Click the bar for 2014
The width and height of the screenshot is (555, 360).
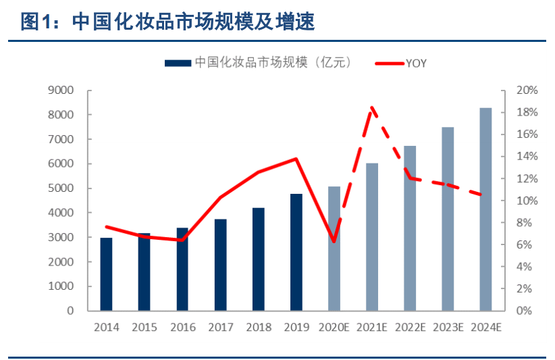click(106, 274)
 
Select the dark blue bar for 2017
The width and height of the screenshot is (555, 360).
click(220, 264)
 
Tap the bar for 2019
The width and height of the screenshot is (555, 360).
click(296, 252)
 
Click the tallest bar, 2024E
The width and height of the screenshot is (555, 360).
click(486, 209)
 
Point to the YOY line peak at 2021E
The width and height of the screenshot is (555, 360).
click(372, 107)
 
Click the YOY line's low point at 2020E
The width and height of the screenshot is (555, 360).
click(334, 240)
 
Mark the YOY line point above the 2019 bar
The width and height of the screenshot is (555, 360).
click(296, 159)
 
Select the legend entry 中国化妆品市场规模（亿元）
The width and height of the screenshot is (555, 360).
click(257, 63)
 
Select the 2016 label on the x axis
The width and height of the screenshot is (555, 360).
click(182, 328)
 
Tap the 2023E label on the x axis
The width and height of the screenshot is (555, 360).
click(448, 328)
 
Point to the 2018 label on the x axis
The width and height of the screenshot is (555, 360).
click(259, 328)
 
